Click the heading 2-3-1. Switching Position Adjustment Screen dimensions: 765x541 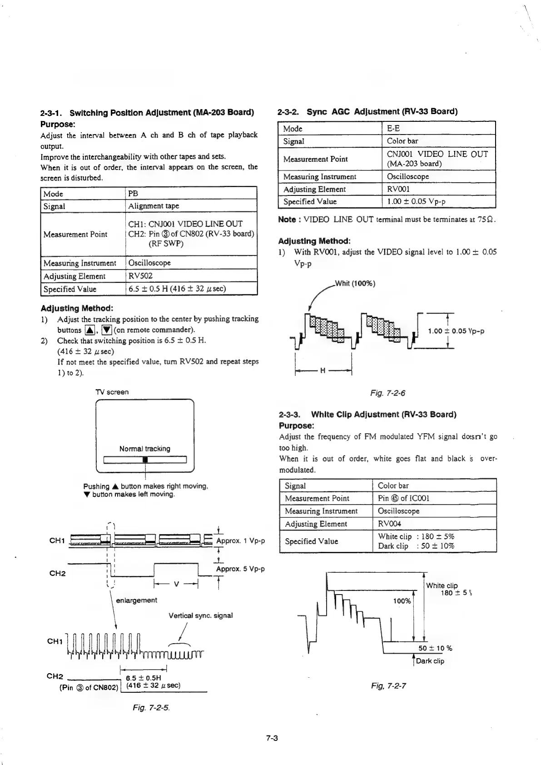(x=147, y=113)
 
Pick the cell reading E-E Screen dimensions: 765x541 (x=393, y=129)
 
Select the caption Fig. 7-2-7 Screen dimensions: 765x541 (x=388, y=686)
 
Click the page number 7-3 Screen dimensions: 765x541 (x=272, y=738)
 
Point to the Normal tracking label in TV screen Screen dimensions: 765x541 (x=144, y=449)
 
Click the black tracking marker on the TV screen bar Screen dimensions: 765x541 (x=145, y=460)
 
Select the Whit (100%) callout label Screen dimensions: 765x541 (x=355, y=284)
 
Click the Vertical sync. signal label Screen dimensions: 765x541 (x=200, y=615)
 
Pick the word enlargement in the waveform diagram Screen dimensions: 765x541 (x=136, y=600)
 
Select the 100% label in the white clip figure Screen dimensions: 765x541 (x=402, y=601)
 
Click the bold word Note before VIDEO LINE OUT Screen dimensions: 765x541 (x=287, y=220)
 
